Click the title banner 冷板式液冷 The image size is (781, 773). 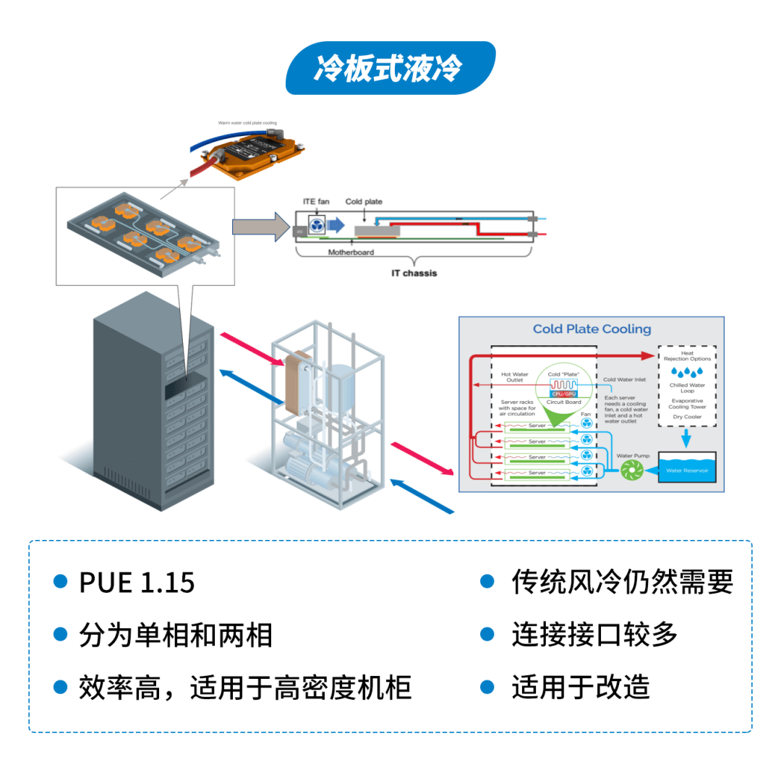click(x=390, y=68)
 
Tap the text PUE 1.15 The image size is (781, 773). click(x=137, y=583)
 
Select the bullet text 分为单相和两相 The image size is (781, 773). click(x=176, y=635)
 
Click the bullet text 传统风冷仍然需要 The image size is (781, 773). click(x=622, y=581)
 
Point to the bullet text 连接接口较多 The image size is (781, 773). click(x=594, y=634)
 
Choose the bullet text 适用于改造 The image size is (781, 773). click(x=581, y=687)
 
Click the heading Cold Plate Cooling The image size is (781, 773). click(x=592, y=329)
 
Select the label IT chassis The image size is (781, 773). click(x=414, y=274)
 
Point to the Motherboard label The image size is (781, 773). click(x=351, y=253)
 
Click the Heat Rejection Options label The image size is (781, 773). click(x=687, y=356)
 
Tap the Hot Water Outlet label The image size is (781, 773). click(x=515, y=377)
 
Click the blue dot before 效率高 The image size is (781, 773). click(x=61, y=687)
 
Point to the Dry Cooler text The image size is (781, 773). click(x=686, y=417)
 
